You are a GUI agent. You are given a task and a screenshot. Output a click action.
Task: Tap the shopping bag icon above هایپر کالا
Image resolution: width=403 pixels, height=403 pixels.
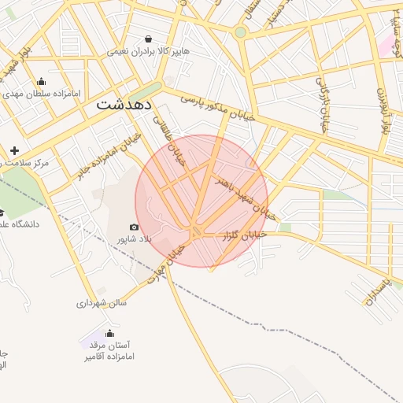[149, 39]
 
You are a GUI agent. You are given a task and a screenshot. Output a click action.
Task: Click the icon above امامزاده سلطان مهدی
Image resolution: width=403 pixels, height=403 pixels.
[41, 81]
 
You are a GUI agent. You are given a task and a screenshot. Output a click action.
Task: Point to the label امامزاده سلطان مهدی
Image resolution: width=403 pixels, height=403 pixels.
[42, 93]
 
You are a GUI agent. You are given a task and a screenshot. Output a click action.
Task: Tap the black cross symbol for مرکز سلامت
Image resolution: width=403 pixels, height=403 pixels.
[14, 150]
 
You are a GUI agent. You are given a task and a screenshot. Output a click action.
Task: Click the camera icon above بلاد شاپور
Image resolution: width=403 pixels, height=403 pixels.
[133, 227]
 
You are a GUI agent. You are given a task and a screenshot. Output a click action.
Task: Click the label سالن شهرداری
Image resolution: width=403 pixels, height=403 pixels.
[102, 302]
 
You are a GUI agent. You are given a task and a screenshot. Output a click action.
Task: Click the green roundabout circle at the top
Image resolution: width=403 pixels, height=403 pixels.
[240, 32]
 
